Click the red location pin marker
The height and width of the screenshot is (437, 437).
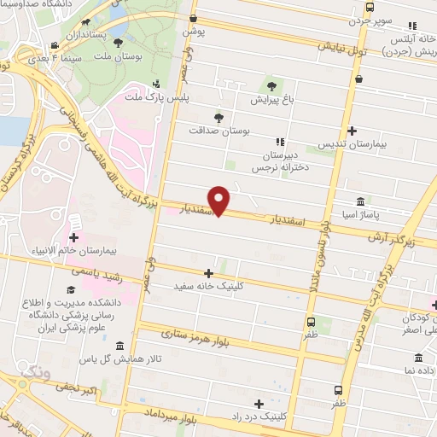tap(220, 201)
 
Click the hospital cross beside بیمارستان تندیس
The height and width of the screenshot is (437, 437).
tap(352, 131)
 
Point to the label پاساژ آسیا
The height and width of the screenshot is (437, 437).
tap(361, 215)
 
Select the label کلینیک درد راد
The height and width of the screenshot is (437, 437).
tap(258, 417)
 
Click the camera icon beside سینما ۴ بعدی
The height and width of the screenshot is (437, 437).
tap(54, 45)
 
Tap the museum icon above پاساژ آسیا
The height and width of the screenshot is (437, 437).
tap(361, 201)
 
